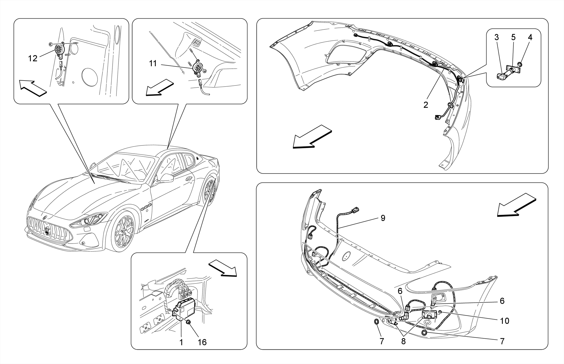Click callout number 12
(32, 58)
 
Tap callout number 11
(153, 64)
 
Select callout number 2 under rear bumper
(426, 105)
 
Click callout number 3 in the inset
(497, 37)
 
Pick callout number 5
(513, 37)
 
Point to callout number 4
(530, 37)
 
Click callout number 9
(383, 218)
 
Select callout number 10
(505, 321)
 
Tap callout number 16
(202, 342)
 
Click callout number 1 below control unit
(181, 342)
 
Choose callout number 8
(403, 341)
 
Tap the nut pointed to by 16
(189, 322)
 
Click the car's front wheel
(123, 232)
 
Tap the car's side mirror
(166, 178)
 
